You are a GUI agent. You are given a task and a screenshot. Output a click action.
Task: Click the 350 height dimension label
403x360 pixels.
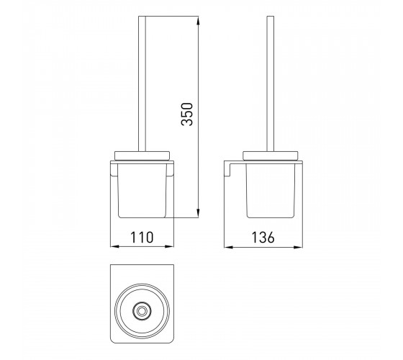pyautogui.click(x=187, y=114)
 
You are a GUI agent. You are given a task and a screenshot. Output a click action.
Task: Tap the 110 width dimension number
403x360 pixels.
pyautogui.click(x=142, y=238)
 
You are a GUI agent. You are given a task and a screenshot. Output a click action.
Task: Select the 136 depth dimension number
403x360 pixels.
pyautogui.click(x=263, y=238)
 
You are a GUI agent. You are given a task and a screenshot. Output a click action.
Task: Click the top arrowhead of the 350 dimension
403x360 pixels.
pyautogui.click(x=198, y=21)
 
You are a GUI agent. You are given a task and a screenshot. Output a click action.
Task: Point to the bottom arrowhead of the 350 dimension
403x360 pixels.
pyautogui.click(x=198, y=213)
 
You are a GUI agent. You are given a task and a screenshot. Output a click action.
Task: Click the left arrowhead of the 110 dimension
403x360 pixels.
pyautogui.click(x=115, y=246)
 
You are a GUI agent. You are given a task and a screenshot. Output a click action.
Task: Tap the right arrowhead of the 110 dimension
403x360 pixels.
pyautogui.click(x=169, y=246)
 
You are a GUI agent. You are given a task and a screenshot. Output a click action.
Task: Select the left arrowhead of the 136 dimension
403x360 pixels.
pyautogui.click(x=229, y=248)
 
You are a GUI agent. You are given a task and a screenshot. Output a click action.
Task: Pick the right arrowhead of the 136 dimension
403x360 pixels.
pyautogui.click(x=298, y=248)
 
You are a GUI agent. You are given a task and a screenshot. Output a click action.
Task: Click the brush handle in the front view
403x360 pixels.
pyautogui.click(x=142, y=84)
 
